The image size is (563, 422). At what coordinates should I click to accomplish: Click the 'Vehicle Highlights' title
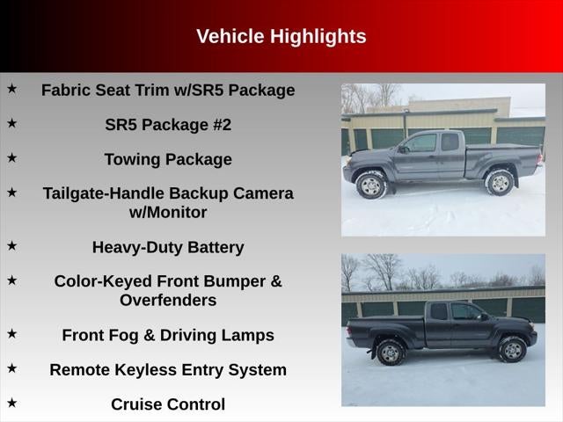[x=281, y=37]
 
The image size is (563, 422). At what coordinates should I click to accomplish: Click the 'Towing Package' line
[x=168, y=160]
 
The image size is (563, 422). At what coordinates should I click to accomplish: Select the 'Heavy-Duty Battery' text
[x=168, y=248]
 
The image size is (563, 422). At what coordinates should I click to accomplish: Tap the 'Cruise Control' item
[x=168, y=404]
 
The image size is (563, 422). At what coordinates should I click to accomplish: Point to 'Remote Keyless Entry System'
[x=168, y=370]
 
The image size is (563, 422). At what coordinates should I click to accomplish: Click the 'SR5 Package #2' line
[x=168, y=125]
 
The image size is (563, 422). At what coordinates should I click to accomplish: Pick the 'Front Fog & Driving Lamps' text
[x=168, y=336]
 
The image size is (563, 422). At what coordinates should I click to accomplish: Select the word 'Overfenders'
[x=168, y=301]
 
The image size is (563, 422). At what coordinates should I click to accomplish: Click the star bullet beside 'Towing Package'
[x=12, y=158]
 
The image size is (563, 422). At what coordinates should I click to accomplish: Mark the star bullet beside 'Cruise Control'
[x=12, y=403]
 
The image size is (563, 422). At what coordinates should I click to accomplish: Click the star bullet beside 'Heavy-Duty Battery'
[x=12, y=246]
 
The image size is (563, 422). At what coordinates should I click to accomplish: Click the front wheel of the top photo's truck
[x=371, y=185]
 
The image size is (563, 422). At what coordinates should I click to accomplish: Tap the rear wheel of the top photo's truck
[x=500, y=182]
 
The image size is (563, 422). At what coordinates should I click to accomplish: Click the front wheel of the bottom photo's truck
[x=512, y=350]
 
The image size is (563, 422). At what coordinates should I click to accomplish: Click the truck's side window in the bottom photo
[x=464, y=313]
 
